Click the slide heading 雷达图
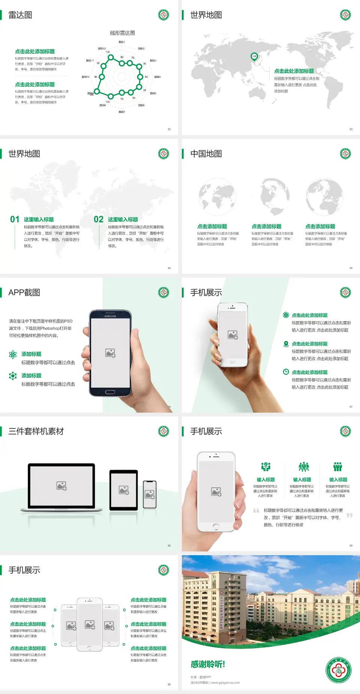pos(20,15)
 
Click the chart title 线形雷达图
pos(122,33)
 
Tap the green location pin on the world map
pos(254,57)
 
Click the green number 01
pos(15,219)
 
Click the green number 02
pos(99,219)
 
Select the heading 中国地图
pos(206,154)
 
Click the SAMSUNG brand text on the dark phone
pos(110,316)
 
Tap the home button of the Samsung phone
pos(110,392)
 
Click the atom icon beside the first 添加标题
pos(13,355)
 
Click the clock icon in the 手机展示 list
pos(286,372)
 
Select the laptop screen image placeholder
pos(61,486)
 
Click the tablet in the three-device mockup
pos(123,490)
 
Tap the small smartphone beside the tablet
pos(150,494)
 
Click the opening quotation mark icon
pos(256,511)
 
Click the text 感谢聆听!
pos(208,664)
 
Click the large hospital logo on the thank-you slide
pos(338,670)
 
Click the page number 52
pos(169,129)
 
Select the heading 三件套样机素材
pos(36,431)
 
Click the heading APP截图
pos(24,293)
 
